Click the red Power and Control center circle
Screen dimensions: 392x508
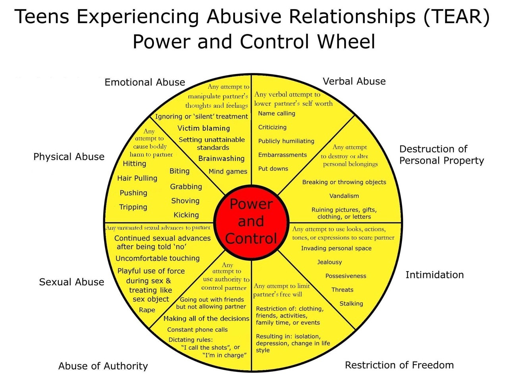(251, 221)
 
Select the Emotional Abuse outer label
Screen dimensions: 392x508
(145, 82)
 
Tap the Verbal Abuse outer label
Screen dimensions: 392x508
(354, 81)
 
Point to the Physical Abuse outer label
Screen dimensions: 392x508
(69, 157)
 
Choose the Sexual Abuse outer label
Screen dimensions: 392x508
(71, 282)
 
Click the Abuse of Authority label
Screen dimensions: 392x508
(103, 366)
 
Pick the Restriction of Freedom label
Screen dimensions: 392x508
(399, 365)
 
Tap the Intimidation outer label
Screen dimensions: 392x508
(435, 275)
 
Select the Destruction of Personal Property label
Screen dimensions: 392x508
(441, 155)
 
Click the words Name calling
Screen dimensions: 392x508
(277, 113)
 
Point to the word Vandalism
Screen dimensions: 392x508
(344, 196)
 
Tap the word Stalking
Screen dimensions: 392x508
(351, 304)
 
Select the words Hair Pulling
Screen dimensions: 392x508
(137, 178)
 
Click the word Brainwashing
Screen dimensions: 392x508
(221, 159)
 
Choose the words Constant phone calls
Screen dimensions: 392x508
(197, 329)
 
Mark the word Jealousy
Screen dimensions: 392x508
(329, 262)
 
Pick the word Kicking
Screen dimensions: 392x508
(186, 215)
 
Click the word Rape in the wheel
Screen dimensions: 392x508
(147, 310)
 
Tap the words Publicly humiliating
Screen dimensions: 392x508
(286, 141)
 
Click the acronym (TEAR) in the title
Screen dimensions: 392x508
(457, 17)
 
